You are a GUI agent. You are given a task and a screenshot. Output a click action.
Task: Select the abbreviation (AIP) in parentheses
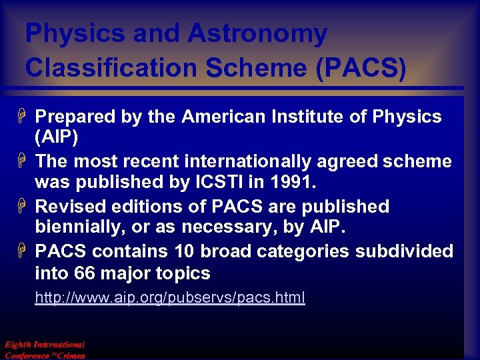click(56, 138)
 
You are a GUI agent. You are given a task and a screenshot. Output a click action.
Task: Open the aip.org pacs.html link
click(170, 297)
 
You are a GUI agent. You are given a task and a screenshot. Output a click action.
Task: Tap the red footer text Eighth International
click(45, 345)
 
